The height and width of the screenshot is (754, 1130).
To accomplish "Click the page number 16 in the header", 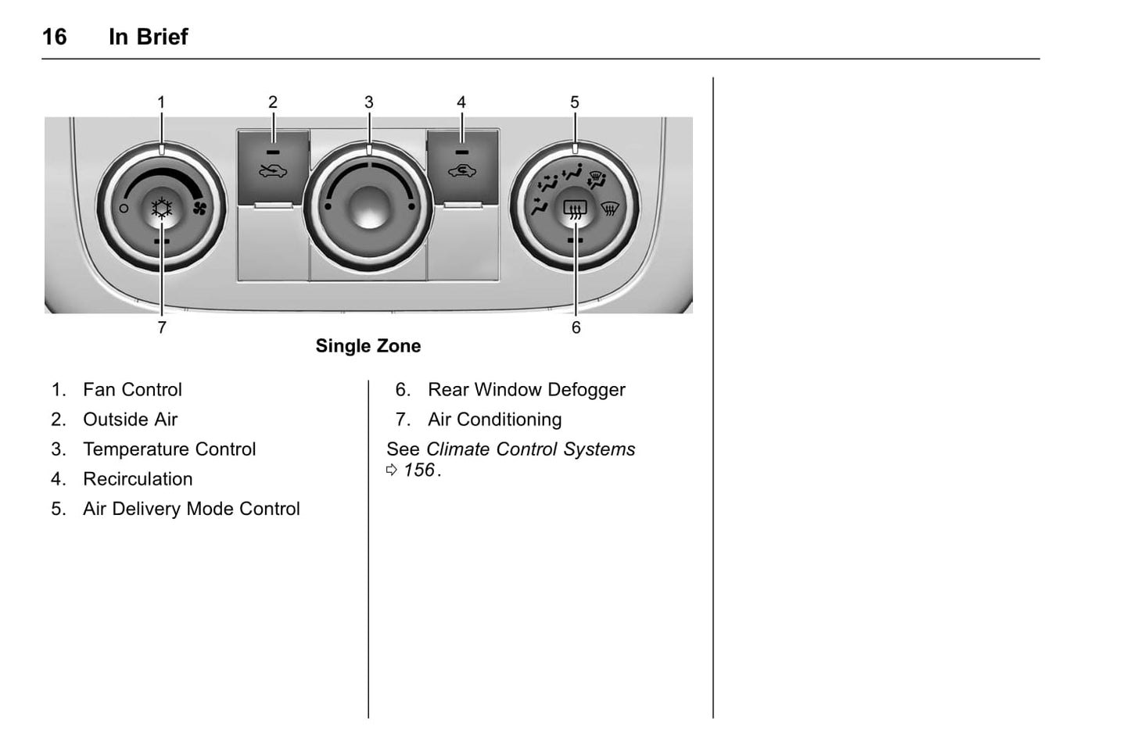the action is [x=55, y=37].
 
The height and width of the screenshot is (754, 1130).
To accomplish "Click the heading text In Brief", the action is [x=149, y=37].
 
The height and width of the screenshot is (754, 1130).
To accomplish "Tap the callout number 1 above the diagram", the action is [x=161, y=102].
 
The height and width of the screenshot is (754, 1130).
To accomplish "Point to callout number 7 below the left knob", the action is [x=162, y=327].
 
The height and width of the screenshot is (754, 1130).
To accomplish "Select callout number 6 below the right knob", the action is [x=576, y=327].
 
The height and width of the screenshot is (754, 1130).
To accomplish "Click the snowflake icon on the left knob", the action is [x=162, y=208].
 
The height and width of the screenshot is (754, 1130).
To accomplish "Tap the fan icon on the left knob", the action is [x=199, y=208].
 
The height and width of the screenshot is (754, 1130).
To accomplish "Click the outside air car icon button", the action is [x=273, y=171].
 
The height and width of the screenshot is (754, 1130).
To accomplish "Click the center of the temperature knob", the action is [x=369, y=206].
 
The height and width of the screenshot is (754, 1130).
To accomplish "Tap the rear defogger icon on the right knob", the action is [x=575, y=209].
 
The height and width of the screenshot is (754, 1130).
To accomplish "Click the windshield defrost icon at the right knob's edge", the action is [x=610, y=208].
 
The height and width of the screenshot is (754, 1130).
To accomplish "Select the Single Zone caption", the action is [x=368, y=346].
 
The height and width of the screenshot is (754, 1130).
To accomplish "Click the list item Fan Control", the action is [x=132, y=390].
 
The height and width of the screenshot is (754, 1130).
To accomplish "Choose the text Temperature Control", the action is [x=170, y=449].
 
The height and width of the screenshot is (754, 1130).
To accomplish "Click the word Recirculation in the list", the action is [x=138, y=479].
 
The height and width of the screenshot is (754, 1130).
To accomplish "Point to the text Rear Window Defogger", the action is [x=526, y=390].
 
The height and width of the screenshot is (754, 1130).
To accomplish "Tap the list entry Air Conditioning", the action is [x=495, y=420].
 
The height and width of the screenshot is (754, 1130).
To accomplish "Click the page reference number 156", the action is [x=419, y=470].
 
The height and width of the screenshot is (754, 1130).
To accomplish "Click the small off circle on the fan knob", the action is [x=124, y=208].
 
